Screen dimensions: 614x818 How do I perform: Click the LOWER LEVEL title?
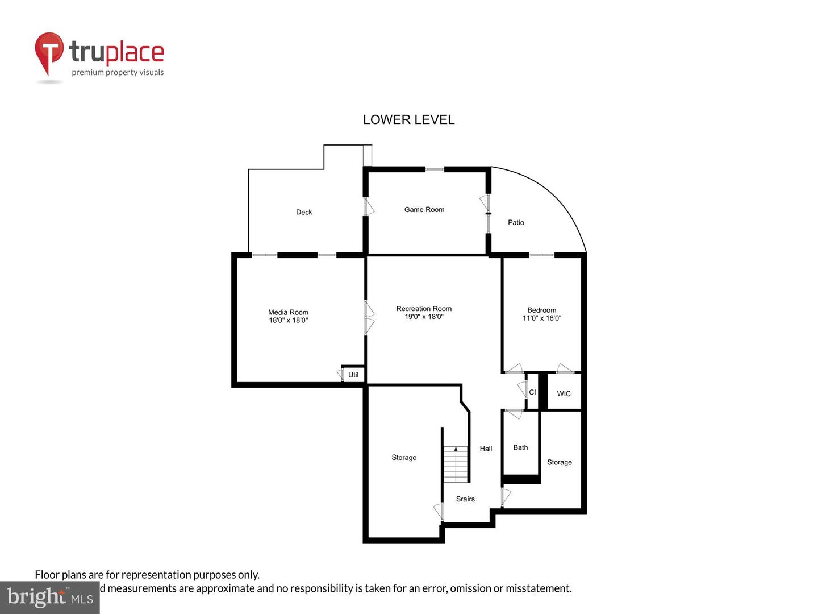click(x=408, y=119)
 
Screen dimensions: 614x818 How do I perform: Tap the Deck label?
click(x=304, y=212)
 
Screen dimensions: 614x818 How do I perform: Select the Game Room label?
click(x=424, y=209)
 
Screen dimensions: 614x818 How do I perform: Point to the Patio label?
click(x=516, y=222)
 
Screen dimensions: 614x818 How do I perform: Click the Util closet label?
click(x=353, y=375)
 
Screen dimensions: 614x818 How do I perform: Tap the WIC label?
click(x=564, y=393)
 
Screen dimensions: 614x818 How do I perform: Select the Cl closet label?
click(x=532, y=392)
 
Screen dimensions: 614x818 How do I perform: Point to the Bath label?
click(x=520, y=447)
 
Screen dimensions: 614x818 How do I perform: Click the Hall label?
click(x=486, y=449)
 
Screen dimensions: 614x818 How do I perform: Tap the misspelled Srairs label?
click(x=465, y=499)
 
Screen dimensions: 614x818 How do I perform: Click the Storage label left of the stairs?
click(x=404, y=457)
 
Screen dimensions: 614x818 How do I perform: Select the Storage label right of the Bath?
click(x=559, y=462)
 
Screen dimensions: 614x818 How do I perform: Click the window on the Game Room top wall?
click(x=435, y=169)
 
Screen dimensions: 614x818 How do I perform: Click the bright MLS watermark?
click(x=50, y=597)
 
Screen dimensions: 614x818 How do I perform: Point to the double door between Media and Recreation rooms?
click(x=368, y=318)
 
